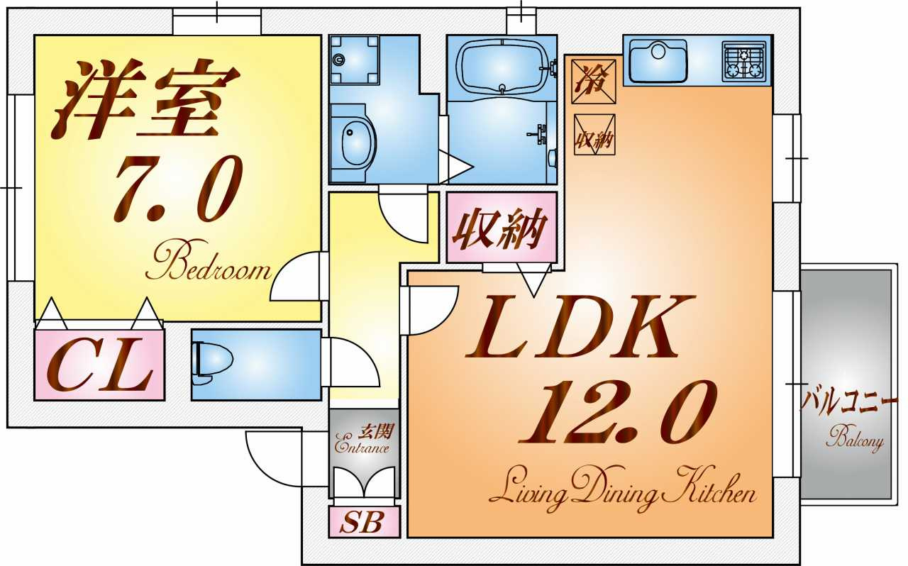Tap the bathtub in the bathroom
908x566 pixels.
(x=502, y=67)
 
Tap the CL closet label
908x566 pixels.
(x=99, y=365)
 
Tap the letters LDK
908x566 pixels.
(x=578, y=328)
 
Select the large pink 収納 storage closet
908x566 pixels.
(x=499, y=229)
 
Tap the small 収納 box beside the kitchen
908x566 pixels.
(x=594, y=135)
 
